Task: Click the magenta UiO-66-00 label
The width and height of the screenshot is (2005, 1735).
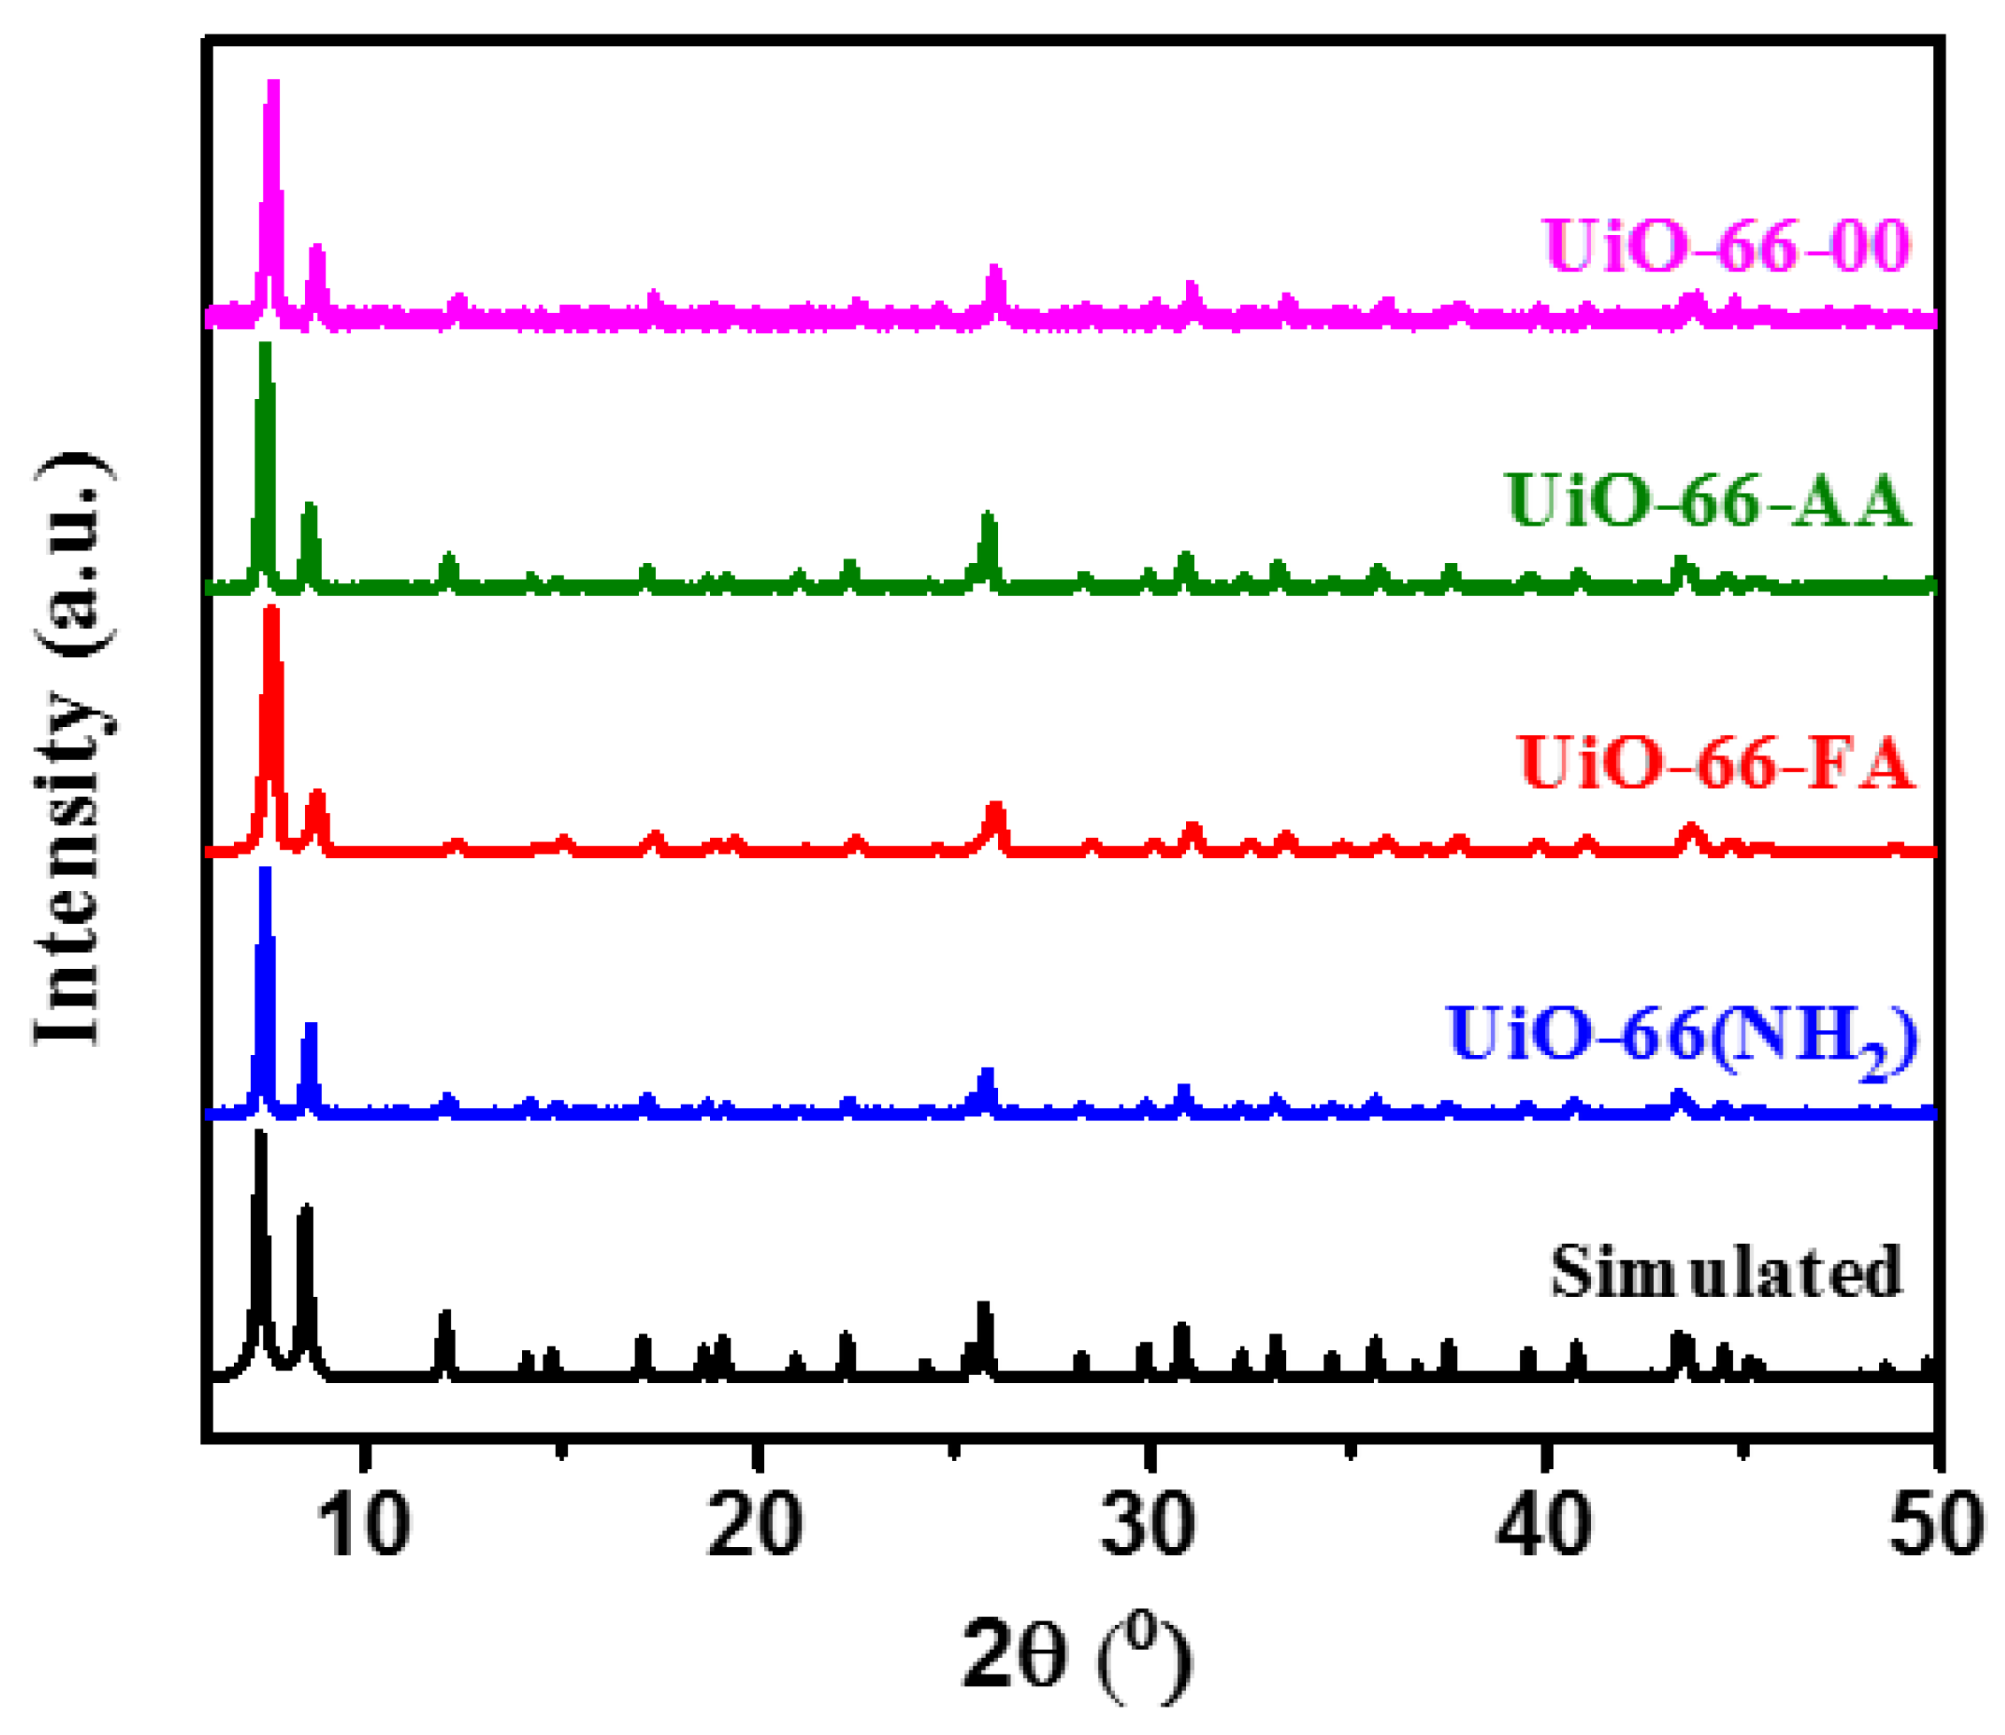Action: [1726, 246]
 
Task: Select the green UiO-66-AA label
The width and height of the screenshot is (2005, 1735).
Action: [1708, 502]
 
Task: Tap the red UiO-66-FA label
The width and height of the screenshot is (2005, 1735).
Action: [1717, 764]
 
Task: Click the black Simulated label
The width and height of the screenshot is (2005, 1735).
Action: [1726, 1271]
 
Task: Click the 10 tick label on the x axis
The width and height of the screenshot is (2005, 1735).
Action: [364, 1528]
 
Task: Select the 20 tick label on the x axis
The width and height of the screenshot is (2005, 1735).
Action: [755, 1528]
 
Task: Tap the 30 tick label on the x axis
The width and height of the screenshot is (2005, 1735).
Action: [1148, 1528]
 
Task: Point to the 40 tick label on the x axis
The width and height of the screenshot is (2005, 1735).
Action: [1543, 1528]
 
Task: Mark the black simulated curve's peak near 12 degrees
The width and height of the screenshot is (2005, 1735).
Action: [445, 1315]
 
